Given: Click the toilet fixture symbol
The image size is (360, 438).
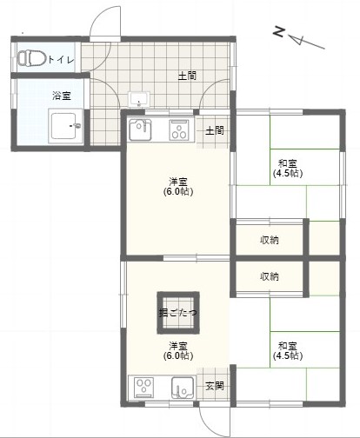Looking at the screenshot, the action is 32,58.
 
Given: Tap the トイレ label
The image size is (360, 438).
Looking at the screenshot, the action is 61,60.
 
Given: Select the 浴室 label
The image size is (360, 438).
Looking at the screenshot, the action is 62,96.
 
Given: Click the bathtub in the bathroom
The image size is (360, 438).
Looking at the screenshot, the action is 66,126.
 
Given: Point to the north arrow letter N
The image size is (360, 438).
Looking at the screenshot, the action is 279,31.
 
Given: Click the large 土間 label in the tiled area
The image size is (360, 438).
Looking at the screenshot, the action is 187,76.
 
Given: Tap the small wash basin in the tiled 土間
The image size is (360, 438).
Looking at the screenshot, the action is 139,99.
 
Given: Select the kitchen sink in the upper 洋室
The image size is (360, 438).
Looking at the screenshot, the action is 140,129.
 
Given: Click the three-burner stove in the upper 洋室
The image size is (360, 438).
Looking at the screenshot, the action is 179,130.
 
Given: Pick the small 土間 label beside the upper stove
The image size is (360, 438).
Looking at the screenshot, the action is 215,130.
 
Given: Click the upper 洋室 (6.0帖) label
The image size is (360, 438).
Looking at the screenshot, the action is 178,187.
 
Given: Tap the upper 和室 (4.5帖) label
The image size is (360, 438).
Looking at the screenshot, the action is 288,168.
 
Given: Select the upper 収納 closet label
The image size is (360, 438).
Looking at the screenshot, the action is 270,240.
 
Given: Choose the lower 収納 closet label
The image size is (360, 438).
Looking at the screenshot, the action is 270,276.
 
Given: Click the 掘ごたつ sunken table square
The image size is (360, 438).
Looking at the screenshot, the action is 178,313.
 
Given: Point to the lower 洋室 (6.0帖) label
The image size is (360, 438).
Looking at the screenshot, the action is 178,350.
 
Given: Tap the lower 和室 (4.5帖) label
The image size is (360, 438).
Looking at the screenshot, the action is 288,350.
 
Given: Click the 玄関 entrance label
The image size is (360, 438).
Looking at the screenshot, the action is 215,386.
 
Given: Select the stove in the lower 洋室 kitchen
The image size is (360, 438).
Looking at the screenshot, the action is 144,388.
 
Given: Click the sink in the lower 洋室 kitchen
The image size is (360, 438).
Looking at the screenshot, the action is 183,388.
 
